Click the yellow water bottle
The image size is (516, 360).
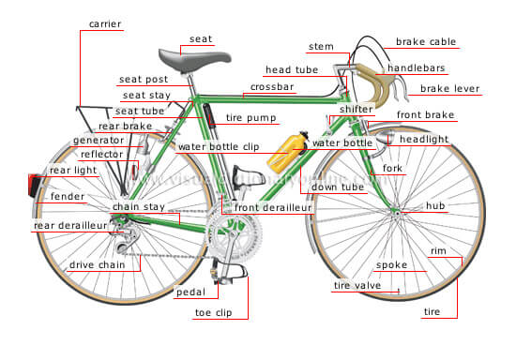(287, 152)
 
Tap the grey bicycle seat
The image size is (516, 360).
(194, 60)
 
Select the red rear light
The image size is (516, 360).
(34, 185)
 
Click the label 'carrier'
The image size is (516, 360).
(105, 24)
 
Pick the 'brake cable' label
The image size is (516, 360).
(426, 42)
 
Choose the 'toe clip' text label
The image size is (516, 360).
(214, 312)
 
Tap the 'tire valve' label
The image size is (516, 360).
(357, 285)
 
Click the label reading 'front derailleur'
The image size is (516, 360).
(273, 207)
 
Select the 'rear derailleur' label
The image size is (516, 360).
(70, 226)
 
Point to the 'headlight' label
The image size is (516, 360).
(424, 140)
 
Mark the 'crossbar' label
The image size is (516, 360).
(272, 87)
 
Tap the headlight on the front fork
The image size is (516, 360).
(383, 138)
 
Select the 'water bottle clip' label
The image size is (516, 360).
(219, 146)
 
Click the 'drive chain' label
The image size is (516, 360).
(98, 265)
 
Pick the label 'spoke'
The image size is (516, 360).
(391, 265)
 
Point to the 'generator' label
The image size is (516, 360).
(99, 141)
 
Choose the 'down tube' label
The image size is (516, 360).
(338, 187)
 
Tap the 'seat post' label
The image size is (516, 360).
(144, 80)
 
